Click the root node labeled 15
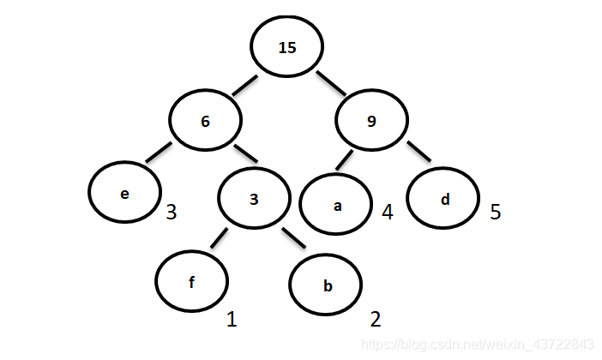[287, 48]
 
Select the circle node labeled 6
[205, 121]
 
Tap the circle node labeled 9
[371, 121]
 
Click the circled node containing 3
[254, 200]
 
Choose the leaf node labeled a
[336, 207]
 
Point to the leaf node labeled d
[444, 200]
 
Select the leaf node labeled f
[192, 280]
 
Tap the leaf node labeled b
[327, 286]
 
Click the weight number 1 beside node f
[231, 320]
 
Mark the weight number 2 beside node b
[375, 320]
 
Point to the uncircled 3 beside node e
[172, 211]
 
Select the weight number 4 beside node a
[388, 211]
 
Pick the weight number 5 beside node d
[496, 211]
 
